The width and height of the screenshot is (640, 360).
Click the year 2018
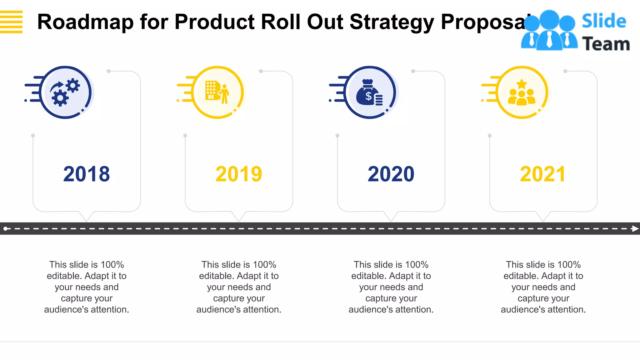pyautogui.click(x=87, y=174)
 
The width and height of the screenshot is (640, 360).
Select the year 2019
pyautogui.click(x=239, y=174)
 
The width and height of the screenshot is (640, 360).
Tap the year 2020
pyautogui.click(x=391, y=174)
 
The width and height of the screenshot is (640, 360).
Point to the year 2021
pyautogui.click(x=543, y=174)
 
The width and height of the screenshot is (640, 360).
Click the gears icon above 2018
pyautogui.click(x=65, y=92)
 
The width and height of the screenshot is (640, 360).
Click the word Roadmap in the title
pyautogui.click(x=86, y=22)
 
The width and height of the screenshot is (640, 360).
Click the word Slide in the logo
pyautogui.click(x=604, y=21)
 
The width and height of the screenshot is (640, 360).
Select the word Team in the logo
pyautogui.click(x=606, y=44)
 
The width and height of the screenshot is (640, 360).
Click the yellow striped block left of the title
pyautogui.click(x=11, y=22)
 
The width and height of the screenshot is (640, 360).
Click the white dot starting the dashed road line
pyautogui.click(x=6, y=229)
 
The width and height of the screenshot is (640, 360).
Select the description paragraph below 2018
pyautogui.click(x=87, y=287)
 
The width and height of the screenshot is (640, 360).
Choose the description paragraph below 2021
pyautogui.click(x=543, y=287)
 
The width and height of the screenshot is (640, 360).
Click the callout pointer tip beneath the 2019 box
pyautogui.click(x=239, y=221)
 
